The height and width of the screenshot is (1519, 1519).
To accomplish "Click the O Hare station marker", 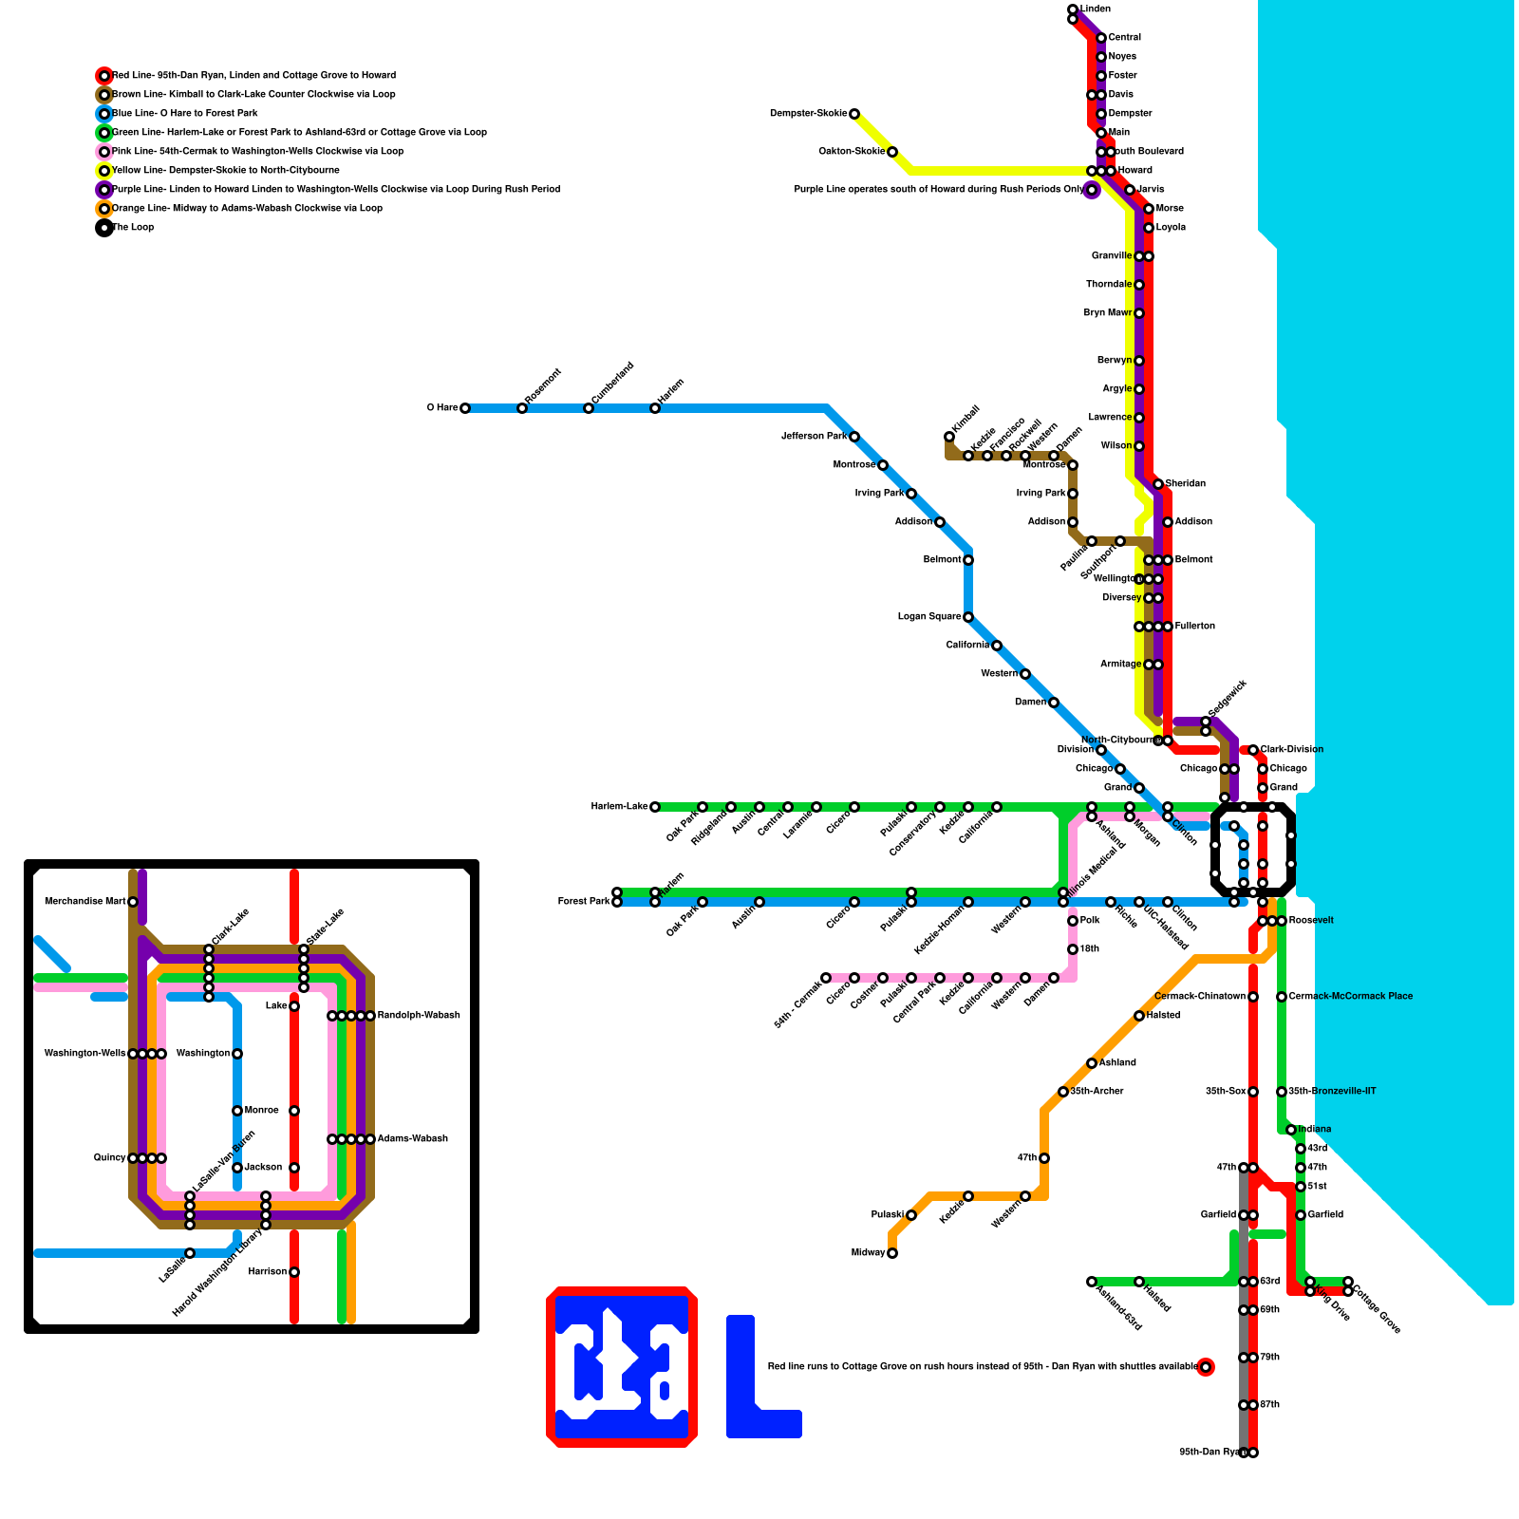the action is tap(464, 408).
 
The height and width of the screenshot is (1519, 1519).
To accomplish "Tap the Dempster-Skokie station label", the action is tap(808, 114).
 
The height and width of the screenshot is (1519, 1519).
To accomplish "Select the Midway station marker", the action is tap(891, 1253).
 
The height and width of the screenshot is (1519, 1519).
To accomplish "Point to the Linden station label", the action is tap(1096, 9).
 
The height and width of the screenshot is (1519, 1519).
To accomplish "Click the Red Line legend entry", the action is tap(253, 76).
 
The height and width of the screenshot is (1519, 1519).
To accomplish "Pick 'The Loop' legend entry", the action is tap(133, 228).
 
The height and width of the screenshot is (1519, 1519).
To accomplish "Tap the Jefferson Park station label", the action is tap(814, 437).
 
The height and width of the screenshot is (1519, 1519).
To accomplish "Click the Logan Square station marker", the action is tap(967, 617).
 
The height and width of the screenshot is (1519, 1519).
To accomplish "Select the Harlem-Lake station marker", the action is tap(654, 807).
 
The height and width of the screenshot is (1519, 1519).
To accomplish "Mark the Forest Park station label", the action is tap(583, 902).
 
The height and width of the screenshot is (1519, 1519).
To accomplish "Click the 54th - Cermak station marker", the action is tap(825, 978).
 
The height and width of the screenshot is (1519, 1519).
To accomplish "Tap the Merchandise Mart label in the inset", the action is tap(85, 902).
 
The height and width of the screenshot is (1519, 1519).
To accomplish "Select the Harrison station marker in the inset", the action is tap(294, 1272).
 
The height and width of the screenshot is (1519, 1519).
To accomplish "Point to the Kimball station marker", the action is tap(948, 437).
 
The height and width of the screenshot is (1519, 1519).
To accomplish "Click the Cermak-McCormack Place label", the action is tap(1350, 997).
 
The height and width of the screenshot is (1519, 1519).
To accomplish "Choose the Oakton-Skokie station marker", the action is tap(891, 152).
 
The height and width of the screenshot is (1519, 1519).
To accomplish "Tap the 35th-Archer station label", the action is tap(1097, 1092).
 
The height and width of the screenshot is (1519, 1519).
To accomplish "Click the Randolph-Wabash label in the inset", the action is tap(418, 1016).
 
